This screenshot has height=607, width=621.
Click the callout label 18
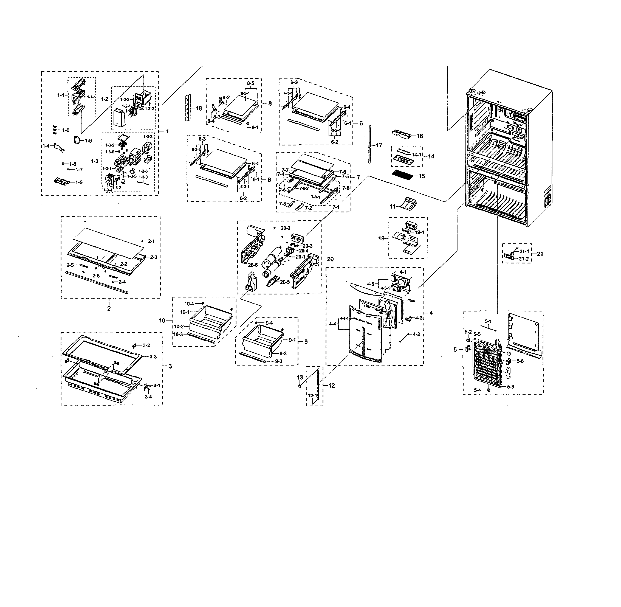199,108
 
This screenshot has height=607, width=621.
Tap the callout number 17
379,145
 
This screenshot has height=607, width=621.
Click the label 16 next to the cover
420,136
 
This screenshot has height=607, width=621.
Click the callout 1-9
88,140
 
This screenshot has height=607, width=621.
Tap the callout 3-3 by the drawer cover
153,356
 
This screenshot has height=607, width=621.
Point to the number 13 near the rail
300,378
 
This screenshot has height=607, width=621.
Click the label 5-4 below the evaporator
477,390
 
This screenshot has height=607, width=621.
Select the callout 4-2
416,335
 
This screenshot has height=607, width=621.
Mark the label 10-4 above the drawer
189,303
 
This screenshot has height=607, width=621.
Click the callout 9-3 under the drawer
278,361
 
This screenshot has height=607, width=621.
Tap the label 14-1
416,154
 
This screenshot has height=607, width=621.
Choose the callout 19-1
419,232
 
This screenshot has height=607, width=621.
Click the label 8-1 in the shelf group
255,127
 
